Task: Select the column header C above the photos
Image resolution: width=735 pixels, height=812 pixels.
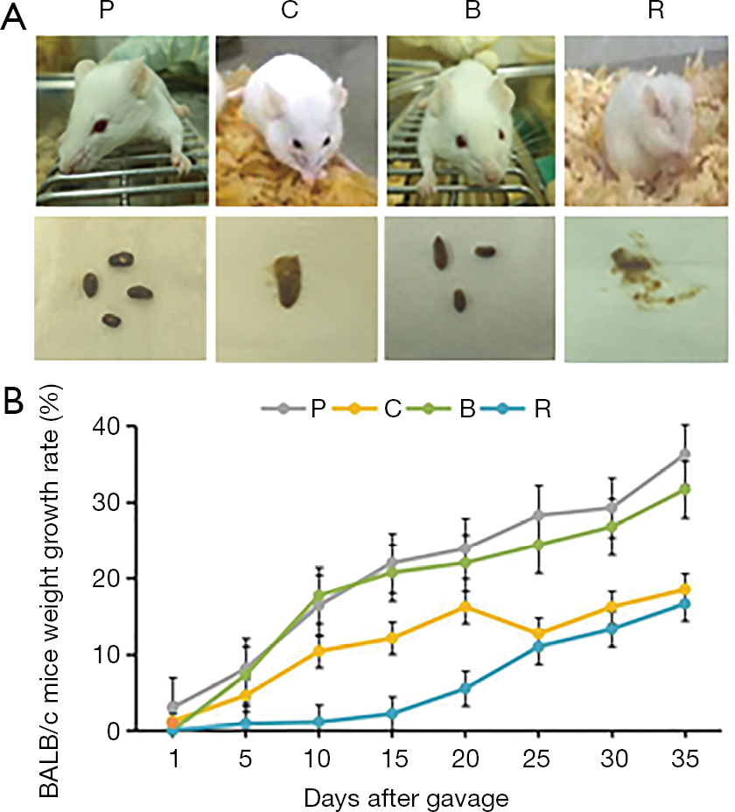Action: [298, 13]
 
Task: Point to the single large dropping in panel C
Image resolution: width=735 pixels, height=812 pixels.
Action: [285, 280]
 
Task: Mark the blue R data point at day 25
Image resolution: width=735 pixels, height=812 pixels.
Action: [539, 647]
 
